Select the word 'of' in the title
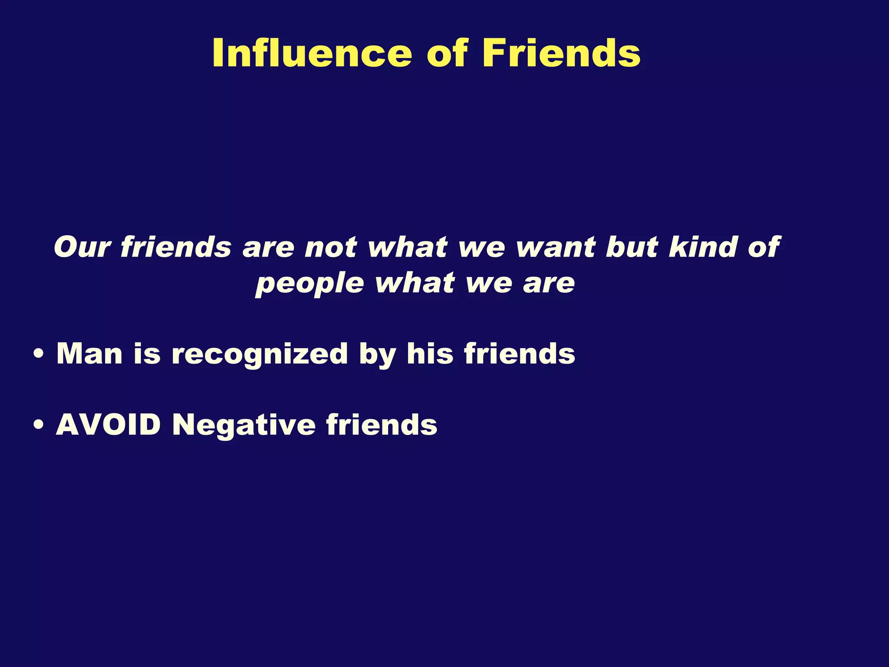(x=447, y=53)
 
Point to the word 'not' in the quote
(x=331, y=247)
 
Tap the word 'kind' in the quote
(x=702, y=247)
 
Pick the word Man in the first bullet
(x=89, y=353)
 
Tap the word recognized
(x=260, y=354)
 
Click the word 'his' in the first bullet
(x=430, y=353)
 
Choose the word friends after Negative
(x=382, y=424)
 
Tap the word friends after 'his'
(x=520, y=353)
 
